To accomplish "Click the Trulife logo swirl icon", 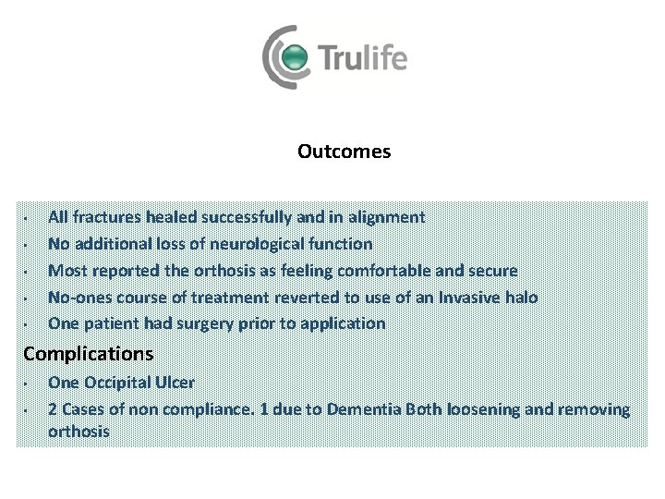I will pos(288,57).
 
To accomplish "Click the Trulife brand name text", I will pos(363,59).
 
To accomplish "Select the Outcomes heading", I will pos(344,151).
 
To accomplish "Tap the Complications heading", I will pos(89,353).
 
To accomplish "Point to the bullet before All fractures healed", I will pos(28,219).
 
